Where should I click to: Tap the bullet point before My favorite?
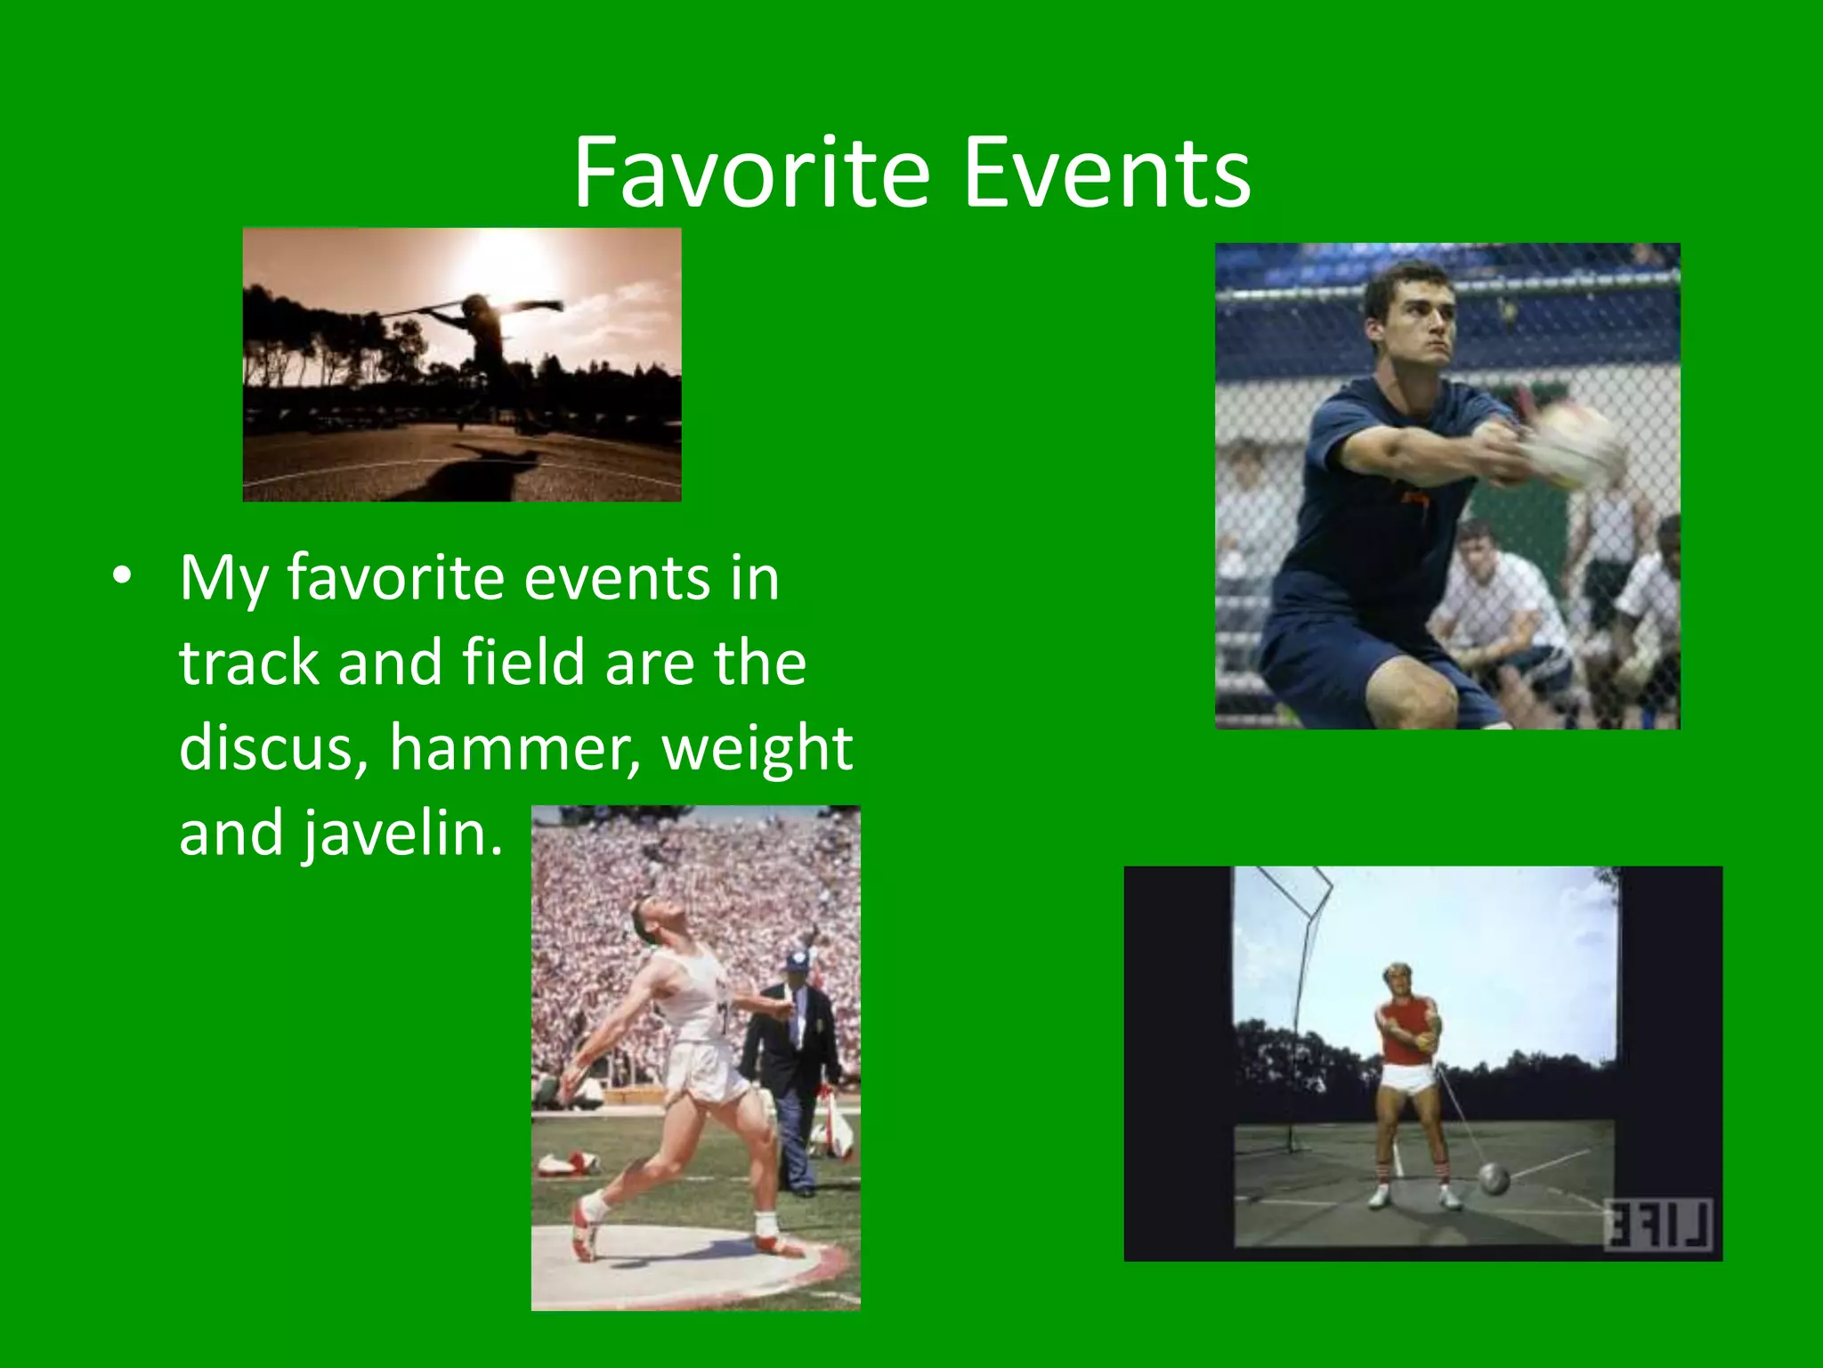point(122,576)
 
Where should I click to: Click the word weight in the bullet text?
point(758,748)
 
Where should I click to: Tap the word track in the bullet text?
point(248,663)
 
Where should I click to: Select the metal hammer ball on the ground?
point(1495,1178)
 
